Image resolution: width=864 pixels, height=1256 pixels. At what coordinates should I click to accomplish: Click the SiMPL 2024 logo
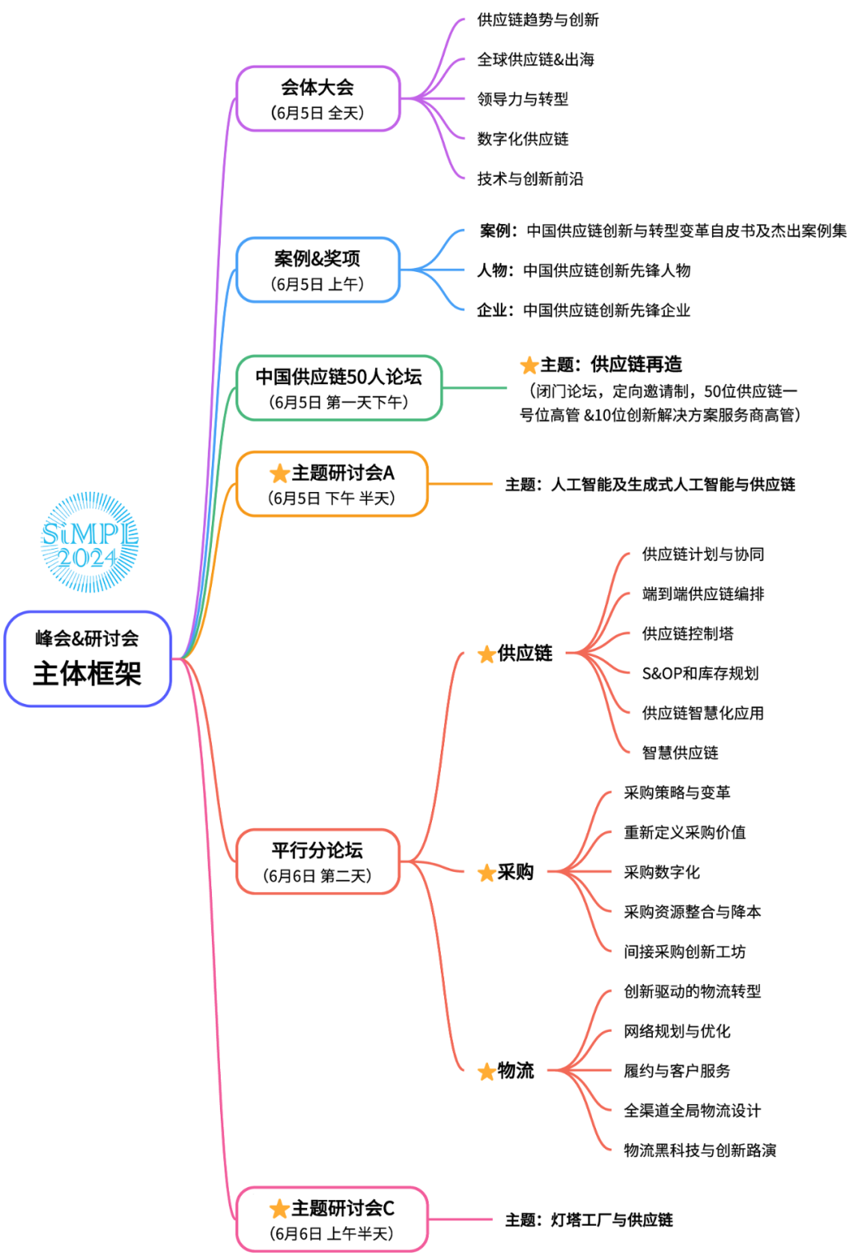tap(90, 542)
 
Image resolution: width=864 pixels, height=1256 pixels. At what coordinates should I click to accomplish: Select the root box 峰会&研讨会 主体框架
tap(88, 658)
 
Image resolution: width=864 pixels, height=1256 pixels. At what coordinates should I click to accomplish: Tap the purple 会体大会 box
tap(318, 98)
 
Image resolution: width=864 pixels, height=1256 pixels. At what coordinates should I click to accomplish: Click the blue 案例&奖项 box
tap(318, 270)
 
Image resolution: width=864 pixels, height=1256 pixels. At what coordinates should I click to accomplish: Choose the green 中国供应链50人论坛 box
tap(338, 388)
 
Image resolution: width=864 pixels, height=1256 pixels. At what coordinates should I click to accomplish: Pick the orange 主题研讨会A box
tap(332, 484)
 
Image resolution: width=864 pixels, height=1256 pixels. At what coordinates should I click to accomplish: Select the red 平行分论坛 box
tap(318, 862)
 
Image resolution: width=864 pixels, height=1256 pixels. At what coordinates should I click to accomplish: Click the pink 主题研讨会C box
tap(332, 1219)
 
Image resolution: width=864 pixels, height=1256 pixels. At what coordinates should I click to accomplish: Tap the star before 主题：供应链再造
tap(529, 366)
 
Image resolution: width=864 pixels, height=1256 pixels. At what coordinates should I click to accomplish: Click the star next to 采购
tap(486, 873)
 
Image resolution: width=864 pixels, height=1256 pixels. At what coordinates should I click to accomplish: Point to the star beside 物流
tap(486, 1071)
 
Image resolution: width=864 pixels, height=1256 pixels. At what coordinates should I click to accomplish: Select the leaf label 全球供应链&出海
tap(535, 59)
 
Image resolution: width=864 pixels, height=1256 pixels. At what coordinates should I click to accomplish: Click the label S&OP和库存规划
tap(700, 674)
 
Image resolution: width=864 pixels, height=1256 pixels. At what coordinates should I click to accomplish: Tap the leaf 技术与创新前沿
tap(530, 178)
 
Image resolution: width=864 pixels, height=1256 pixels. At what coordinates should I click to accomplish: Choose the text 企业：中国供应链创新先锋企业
tap(583, 310)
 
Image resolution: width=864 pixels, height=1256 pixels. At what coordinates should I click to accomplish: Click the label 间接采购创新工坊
tap(684, 951)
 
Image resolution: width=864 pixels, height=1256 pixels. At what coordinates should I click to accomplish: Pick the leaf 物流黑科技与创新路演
tap(699, 1150)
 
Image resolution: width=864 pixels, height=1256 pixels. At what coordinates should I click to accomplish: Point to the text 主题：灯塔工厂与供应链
tap(589, 1220)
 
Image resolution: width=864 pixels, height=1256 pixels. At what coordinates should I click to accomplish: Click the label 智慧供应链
tap(680, 753)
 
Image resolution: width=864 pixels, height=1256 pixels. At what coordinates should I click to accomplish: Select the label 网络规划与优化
tap(677, 1031)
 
